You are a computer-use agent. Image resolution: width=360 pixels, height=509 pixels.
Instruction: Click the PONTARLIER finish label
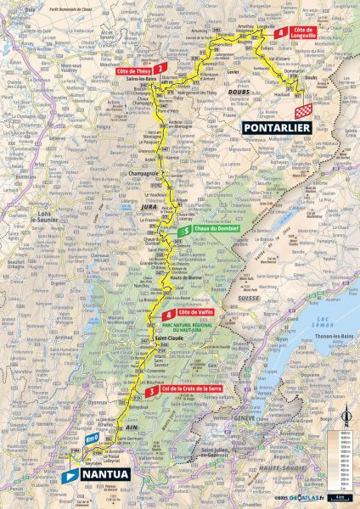[x=278, y=128]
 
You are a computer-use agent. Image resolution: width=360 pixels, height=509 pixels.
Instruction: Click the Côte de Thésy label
[x=135, y=71]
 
